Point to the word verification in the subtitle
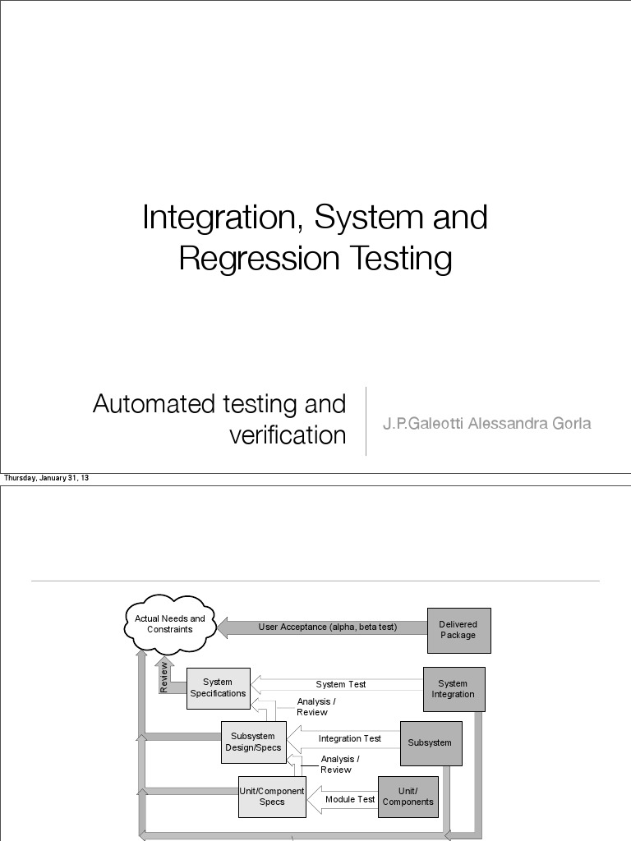point(288,435)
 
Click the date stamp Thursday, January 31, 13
point(47,478)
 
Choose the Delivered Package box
point(458,630)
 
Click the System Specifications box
point(218,687)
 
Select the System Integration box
point(454,688)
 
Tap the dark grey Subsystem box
point(431,742)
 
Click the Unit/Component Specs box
point(272,796)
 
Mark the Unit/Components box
point(408,797)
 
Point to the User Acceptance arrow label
point(328,627)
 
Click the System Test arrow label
point(341,684)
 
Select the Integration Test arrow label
point(350,738)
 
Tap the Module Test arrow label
point(350,799)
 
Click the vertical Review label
point(164,677)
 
